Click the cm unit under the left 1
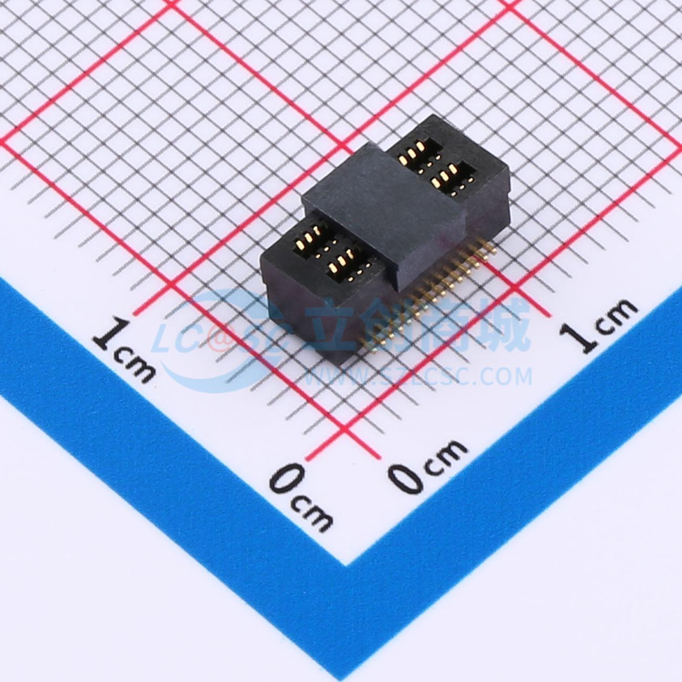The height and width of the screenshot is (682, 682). [x=136, y=368]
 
